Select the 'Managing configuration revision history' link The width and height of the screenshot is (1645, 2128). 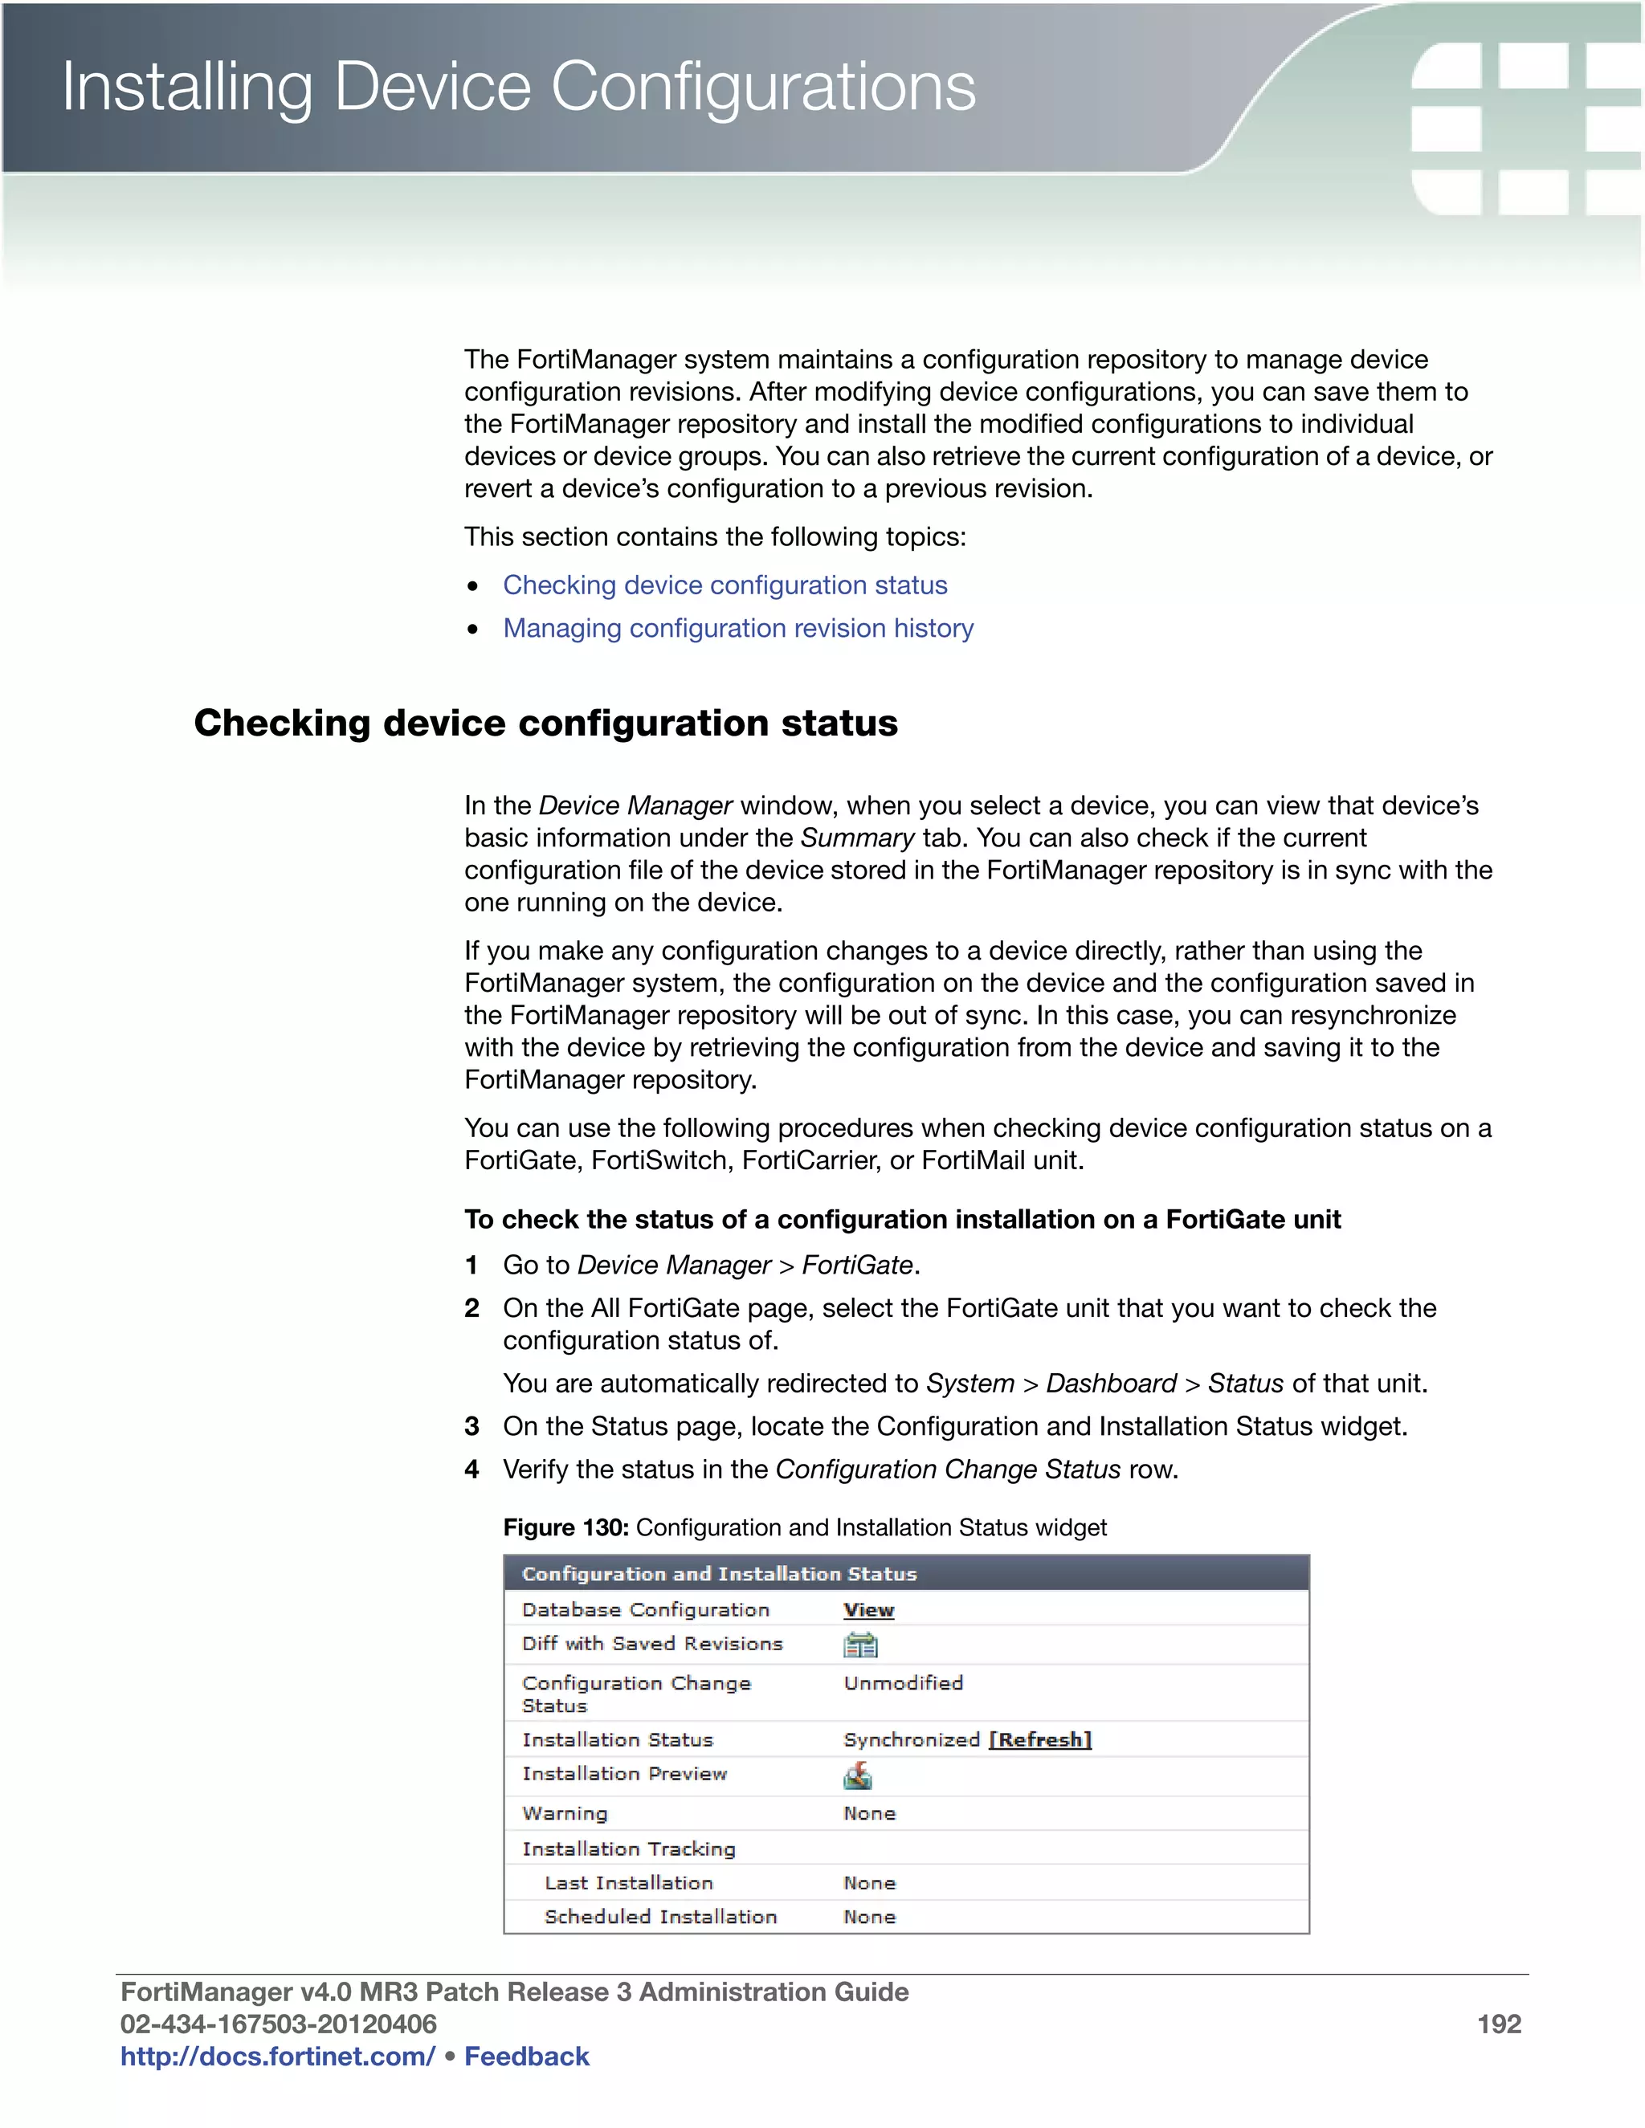tap(737, 629)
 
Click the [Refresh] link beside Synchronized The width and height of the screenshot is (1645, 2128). tap(1040, 1740)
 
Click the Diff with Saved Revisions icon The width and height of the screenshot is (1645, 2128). tap(859, 1645)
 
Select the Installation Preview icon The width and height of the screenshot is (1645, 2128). tap(858, 1777)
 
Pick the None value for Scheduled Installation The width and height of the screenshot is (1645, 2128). tap(869, 1917)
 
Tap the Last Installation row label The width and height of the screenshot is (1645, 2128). tap(629, 1882)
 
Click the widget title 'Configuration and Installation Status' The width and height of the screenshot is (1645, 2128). tap(719, 1574)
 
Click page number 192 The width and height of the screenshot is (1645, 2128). tap(1498, 2024)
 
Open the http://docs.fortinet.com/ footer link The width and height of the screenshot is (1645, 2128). tap(278, 2056)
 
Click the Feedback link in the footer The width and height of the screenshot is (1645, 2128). tap(526, 2056)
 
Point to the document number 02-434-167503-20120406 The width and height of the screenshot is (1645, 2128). tap(279, 2024)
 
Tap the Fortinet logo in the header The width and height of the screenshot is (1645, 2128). tap(1525, 127)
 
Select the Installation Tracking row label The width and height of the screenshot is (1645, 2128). tap(629, 1849)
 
